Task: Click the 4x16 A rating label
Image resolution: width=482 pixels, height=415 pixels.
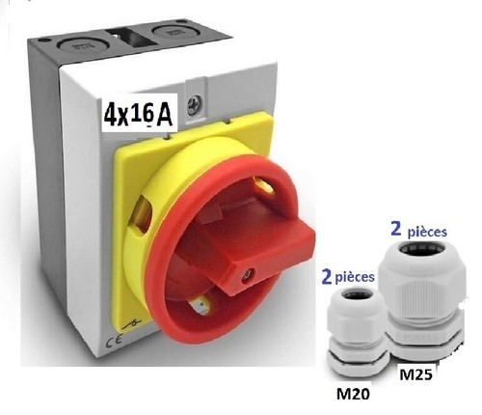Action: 138,115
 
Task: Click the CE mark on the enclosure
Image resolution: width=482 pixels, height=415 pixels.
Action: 114,339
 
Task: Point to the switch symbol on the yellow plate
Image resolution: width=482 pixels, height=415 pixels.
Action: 132,325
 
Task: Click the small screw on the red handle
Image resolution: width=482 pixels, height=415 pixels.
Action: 246,274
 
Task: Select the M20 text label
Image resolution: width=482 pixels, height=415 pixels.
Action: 353,394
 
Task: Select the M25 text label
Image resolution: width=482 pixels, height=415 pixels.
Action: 415,374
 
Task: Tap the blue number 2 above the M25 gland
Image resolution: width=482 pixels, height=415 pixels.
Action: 396,229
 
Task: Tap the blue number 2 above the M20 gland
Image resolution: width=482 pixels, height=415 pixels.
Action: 327,277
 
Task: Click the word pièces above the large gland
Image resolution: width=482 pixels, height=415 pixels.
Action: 427,232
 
